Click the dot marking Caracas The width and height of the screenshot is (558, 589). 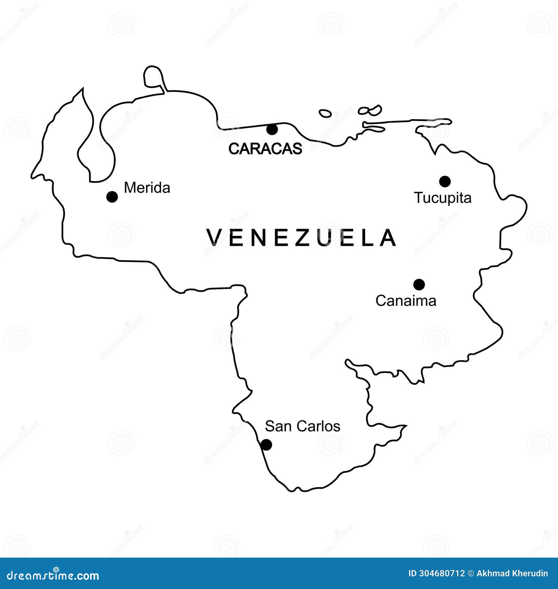tap(272, 129)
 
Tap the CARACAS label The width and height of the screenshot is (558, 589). tap(265, 149)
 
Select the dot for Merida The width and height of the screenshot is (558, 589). tap(112, 197)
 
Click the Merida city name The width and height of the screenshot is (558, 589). tap(147, 188)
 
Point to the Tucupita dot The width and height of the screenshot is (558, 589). tap(445, 181)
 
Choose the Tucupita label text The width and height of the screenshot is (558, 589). tap(443, 198)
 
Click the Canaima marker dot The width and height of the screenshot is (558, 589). tap(419, 284)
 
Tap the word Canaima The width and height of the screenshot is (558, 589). tap(406, 301)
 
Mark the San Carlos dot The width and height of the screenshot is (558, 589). tap(266, 445)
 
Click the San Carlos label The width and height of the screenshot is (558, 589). tap(302, 426)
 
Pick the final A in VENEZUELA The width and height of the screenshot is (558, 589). tap(388, 238)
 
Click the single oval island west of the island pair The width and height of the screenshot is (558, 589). tap(325, 113)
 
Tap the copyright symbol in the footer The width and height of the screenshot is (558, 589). tap(471, 573)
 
